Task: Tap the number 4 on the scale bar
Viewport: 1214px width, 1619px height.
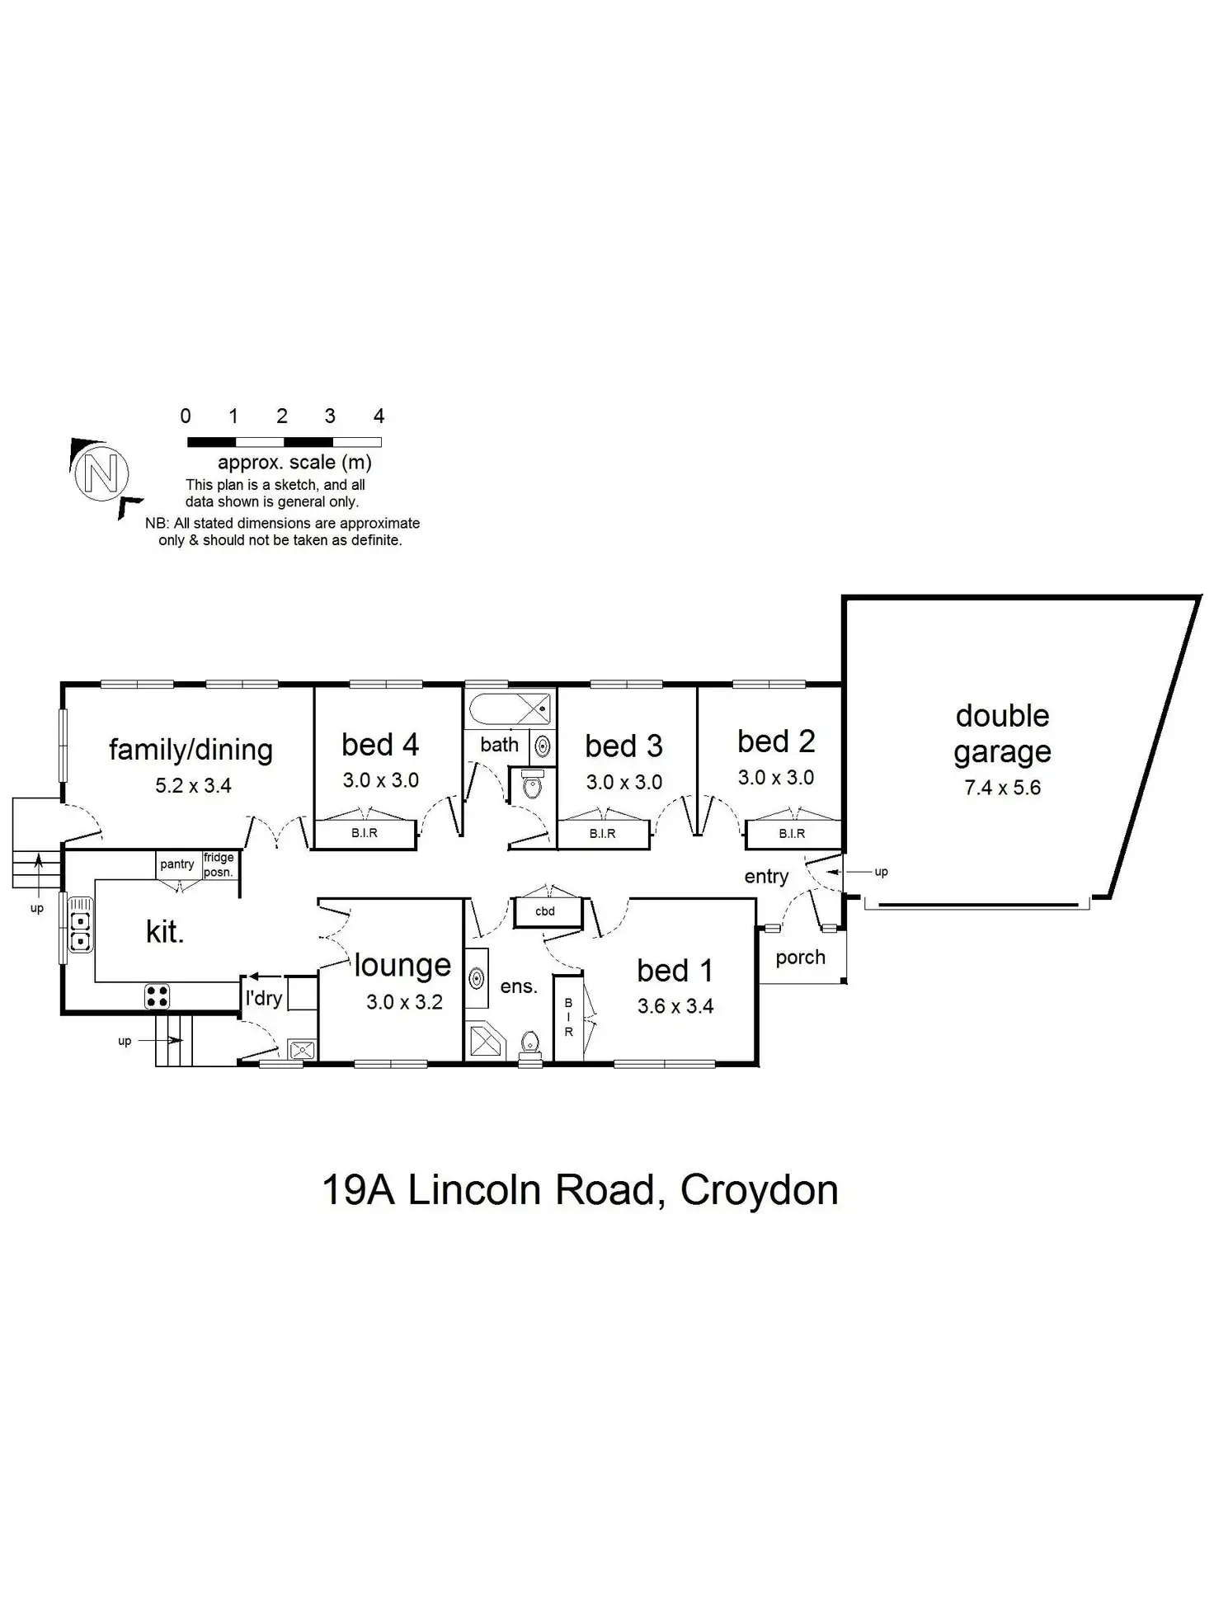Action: tap(379, 416)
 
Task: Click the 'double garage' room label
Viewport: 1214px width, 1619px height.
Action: tap(1002, 733)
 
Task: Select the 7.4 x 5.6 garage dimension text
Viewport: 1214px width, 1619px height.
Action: tap(1002, 788)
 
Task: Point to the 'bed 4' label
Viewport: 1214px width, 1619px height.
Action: tap(380, 745)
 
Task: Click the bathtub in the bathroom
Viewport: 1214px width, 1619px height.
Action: tap(510, 708)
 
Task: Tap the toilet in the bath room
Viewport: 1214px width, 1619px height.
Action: tap(533, 786)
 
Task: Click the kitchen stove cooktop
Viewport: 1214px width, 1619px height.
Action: tap(158, 996)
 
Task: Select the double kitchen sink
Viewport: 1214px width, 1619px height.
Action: tap(80, 930)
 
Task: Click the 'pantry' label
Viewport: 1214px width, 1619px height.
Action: tap(177, 864)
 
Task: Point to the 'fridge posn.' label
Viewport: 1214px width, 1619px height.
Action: tap(219, 865)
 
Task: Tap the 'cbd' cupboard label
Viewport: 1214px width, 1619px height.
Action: tap(545, 911)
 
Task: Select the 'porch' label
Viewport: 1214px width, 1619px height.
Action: tap(800, 958)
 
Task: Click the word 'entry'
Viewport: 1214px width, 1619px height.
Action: tap(766, 877)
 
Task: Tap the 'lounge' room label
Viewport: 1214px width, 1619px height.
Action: tap(402, 966)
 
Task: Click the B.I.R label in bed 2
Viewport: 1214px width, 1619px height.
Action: tap(792, 834)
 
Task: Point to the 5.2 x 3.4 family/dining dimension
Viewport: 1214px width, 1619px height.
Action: tap(193, 786)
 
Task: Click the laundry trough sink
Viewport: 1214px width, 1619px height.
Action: tap(302, 1050)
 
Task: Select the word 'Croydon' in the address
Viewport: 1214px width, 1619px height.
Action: tap(760, 1190)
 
